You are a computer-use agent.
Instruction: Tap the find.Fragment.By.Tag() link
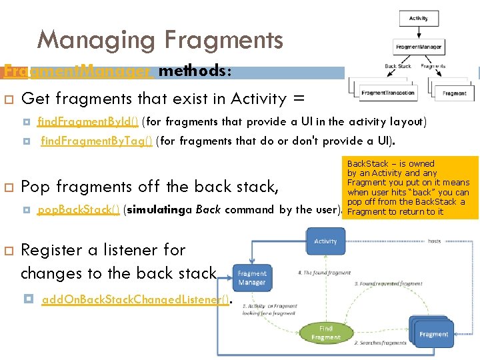click(x=97, y=141)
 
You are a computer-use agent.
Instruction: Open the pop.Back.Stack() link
click(x=79, y=209)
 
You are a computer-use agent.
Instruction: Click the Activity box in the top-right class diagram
click(x=418, y=19)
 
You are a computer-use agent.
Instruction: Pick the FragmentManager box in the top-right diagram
click(x=418, y=47)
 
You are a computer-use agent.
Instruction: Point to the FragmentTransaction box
click(x=387, y=93)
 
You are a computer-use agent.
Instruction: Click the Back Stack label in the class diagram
click(x=398, y=67)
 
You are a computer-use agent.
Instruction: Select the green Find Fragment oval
click(x=325, y=333)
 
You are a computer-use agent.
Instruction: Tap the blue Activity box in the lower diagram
click(x=325, y=241)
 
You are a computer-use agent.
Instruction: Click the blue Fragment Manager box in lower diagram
click(x=252, y=278)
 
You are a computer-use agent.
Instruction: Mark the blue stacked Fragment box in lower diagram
click(x=433, y=333)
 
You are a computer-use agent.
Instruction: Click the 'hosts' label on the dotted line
click(x=434, y=241)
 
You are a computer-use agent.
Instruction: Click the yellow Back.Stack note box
click(x=411, y=187)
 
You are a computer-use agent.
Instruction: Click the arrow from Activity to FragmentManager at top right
click(x=418, y=33)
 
